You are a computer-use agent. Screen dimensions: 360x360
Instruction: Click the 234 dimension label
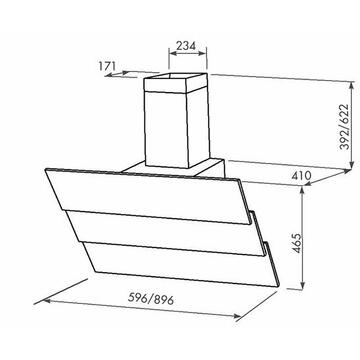coord(186,45)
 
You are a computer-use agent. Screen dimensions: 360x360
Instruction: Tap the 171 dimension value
coord(107,66)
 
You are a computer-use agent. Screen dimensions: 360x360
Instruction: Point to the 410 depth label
coord(301,175)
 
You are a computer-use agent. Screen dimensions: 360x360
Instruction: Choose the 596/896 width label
coord(151,299)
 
